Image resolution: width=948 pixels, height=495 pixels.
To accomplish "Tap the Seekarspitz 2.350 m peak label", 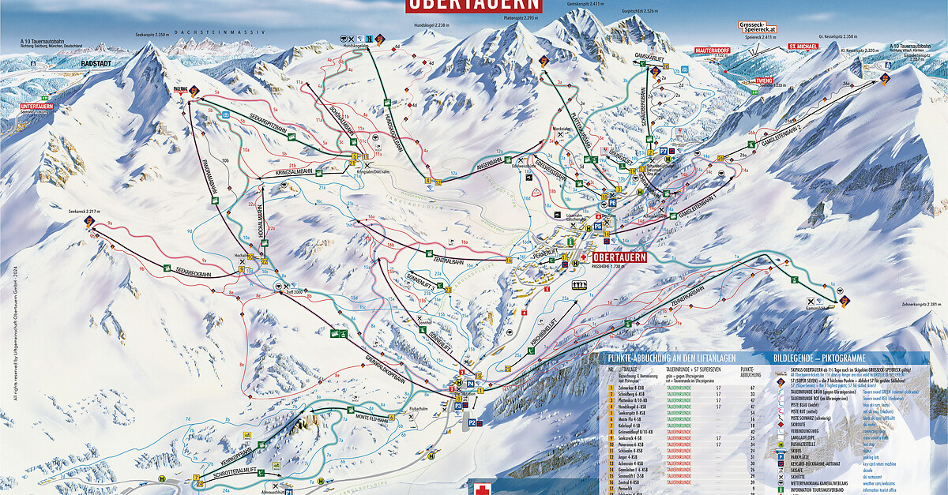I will tap(152, 35).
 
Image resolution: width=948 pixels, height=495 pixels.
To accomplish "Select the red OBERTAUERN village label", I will tap(619, 257).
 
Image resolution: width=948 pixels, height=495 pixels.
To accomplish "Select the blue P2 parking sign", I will tap(472, 423).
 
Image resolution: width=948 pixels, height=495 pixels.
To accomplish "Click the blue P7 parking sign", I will tap(662, 148).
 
